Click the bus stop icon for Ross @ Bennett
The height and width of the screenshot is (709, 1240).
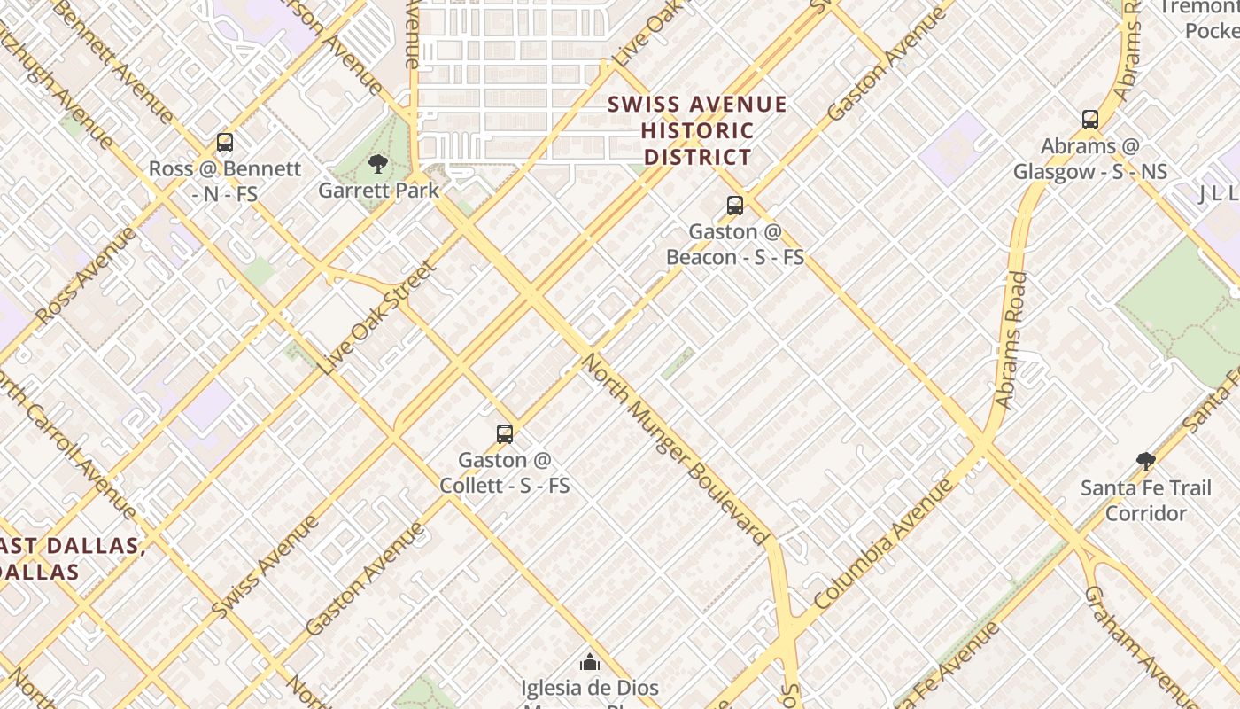point(225,143)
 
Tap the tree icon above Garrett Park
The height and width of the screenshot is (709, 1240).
point(378,164)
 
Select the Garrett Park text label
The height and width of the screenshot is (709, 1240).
point(378,190)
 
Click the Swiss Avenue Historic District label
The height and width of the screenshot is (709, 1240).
point(698,131)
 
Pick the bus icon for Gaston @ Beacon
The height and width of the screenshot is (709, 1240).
point(735,206)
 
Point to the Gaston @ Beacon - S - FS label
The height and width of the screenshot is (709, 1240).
point(735,245)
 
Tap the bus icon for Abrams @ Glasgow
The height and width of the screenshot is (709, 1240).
point(1090,120)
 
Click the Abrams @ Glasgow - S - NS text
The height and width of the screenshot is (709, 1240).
point(1090,159)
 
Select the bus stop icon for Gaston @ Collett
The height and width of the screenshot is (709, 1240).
point(505,434)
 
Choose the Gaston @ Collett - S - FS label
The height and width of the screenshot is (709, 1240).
point(505,473)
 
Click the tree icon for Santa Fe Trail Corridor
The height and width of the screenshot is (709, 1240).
point(1146,461)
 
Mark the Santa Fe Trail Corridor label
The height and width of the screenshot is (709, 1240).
point(1146,501)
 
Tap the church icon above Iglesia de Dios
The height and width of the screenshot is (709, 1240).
point(590,662)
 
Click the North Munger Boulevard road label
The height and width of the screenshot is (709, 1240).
point(675,449)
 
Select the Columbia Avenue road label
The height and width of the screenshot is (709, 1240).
point(883,544)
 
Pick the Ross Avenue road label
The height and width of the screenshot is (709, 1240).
point(87,276)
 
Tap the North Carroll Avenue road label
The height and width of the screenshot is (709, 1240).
point(66,443)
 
